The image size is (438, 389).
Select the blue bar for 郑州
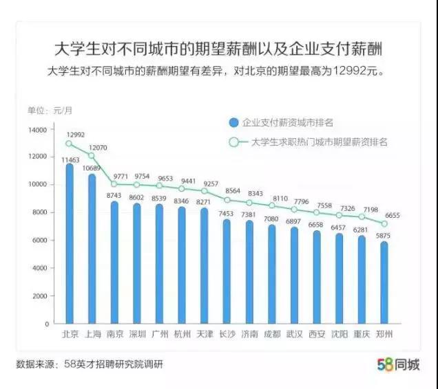coord(384,282)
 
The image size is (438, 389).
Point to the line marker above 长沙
coord(226,199)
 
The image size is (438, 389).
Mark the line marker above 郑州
coord(384,223)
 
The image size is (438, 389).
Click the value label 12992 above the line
coord(75,135)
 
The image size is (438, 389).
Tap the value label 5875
coord(383,236)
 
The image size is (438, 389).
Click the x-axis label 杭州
coord(181,334)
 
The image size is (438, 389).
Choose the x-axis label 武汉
coord(294,334)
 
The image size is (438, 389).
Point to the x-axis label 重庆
coord(362,334)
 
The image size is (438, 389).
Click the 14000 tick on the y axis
coord(38,129)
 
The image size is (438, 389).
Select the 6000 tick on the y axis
coord(40,241)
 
